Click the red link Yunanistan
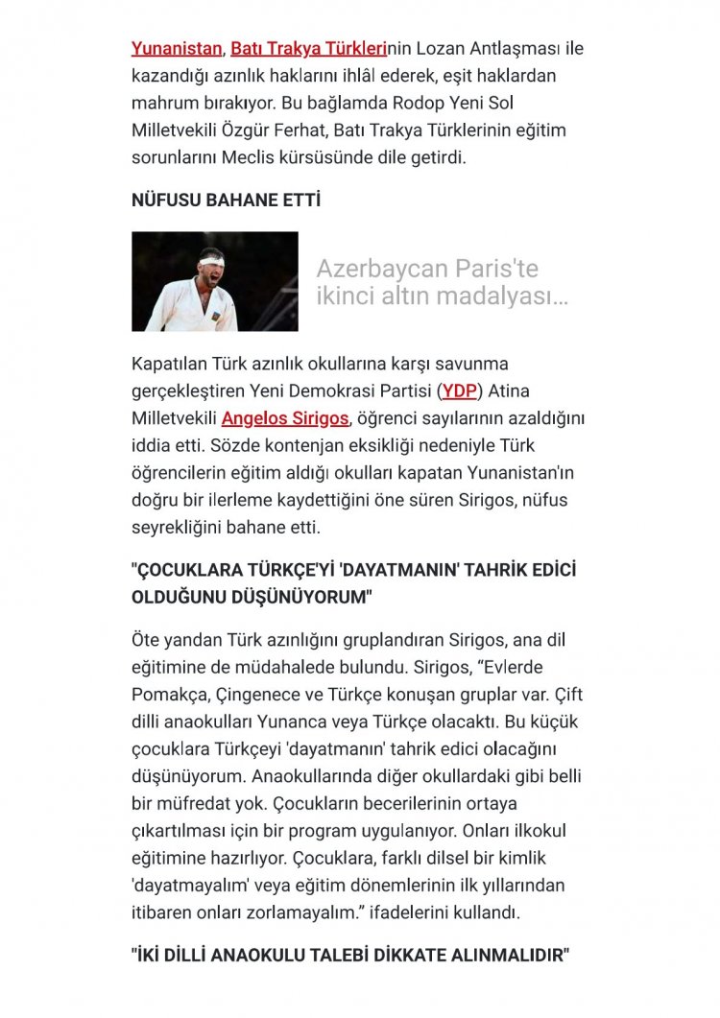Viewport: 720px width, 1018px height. coord(177,47)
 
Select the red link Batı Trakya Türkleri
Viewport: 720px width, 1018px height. coord(306,47)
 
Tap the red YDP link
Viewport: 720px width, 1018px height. coord(459,391)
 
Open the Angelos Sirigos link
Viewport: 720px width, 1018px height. coord(285,418)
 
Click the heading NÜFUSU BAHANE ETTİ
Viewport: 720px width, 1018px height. coord(226,201)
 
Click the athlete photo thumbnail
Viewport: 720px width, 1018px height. coord(215,281)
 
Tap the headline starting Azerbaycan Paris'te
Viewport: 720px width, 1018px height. coord(442,282)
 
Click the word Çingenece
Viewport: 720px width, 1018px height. coord(264,694)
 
